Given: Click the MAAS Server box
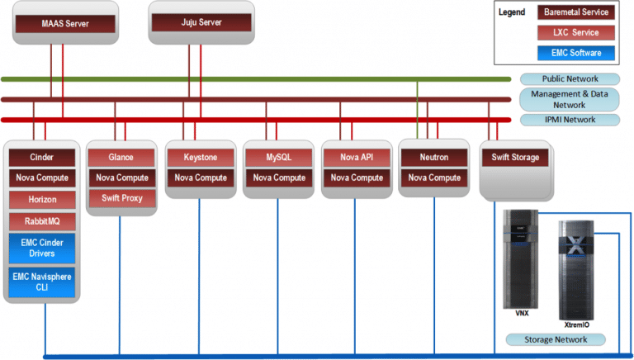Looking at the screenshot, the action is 65,23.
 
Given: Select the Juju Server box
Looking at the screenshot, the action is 201,22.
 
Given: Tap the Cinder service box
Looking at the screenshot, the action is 42,158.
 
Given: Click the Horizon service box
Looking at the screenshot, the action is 42,200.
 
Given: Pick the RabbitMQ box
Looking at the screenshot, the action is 42,221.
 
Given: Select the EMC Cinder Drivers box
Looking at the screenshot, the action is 42,248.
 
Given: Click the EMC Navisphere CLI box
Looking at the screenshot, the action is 42,282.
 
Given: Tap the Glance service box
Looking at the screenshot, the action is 121,158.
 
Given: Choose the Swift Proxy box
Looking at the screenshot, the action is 121,198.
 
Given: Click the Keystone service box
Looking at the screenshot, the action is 201,158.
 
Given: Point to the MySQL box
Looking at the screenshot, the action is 279,158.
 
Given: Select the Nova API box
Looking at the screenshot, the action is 357,158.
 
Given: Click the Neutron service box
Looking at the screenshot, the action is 434,158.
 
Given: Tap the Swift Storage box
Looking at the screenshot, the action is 515,158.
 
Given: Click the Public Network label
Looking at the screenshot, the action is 570,79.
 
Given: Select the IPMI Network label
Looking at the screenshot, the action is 570,120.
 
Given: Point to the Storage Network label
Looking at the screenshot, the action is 556,340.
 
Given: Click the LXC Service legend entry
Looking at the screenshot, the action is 575,33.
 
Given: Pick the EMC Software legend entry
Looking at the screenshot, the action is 575,53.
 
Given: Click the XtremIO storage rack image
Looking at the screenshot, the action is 576,270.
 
